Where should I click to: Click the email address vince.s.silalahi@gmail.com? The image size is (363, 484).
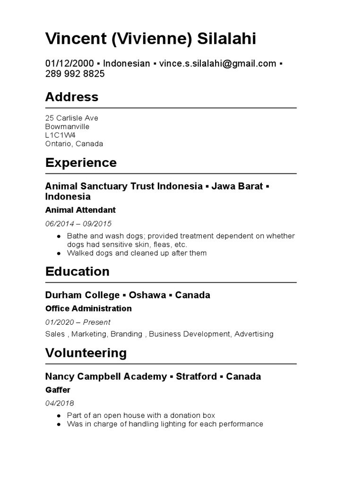[x=217, y=63]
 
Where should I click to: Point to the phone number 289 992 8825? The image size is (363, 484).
[x=75, y=74]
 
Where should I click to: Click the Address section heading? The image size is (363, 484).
[x=71, y=97]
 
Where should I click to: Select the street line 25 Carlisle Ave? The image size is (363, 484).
[x=72, y=118]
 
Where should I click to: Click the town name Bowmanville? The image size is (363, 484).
[x=67, y=127]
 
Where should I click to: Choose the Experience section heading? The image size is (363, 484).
[x=80, y=163]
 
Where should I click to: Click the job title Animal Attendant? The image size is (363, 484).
[x=80, y=210]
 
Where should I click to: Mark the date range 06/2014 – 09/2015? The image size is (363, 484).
[x=78, y=224]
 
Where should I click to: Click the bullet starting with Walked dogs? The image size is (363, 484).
[x=137, y=253]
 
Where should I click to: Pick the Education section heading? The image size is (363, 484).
[x=77, y=271]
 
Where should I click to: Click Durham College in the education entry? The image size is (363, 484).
[x=82, y=295]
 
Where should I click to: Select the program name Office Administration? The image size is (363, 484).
[x=88, y=309]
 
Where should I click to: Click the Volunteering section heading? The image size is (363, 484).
[x=86, y=353]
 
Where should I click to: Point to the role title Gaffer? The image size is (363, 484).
[x=58, y=390]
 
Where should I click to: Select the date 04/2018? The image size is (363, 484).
[x=60, y=403]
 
